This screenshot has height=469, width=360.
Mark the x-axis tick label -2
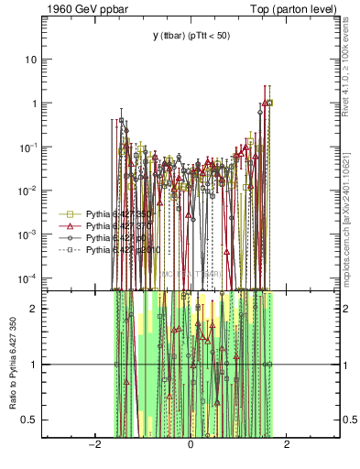(x=93, y=445)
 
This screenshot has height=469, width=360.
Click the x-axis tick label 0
(x=191, y=445)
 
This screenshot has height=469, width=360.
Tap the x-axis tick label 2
(x=287, y=445)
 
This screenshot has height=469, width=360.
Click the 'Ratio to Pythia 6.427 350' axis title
(x=12, y=365)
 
